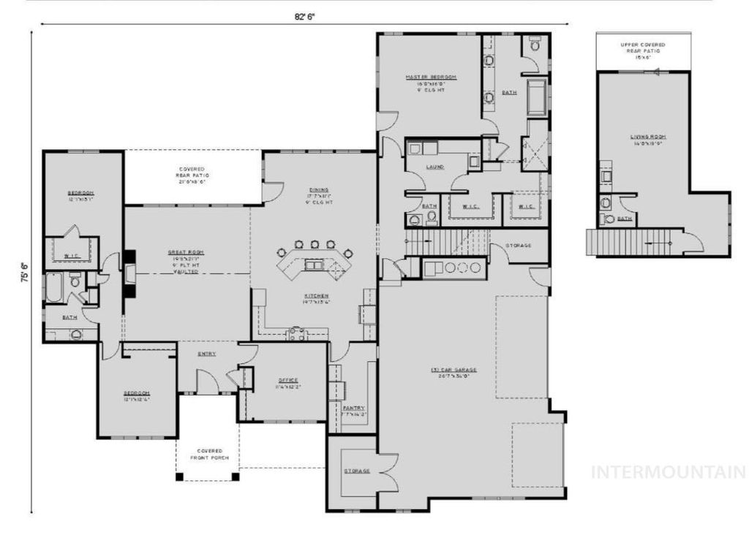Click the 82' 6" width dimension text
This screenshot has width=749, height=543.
coord(304,15)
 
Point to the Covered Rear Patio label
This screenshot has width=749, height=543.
coord(192,175)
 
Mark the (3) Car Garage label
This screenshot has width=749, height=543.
coord(449,373)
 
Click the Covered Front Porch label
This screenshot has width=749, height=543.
coord(207,455)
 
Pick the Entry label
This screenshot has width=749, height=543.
coord(206,354)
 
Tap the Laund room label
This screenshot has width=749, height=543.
coord(435,167)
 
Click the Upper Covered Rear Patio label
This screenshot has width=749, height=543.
coord(643,49)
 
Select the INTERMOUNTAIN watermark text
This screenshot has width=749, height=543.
coord(668,472)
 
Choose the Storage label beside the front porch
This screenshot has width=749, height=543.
coord(357,471)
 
